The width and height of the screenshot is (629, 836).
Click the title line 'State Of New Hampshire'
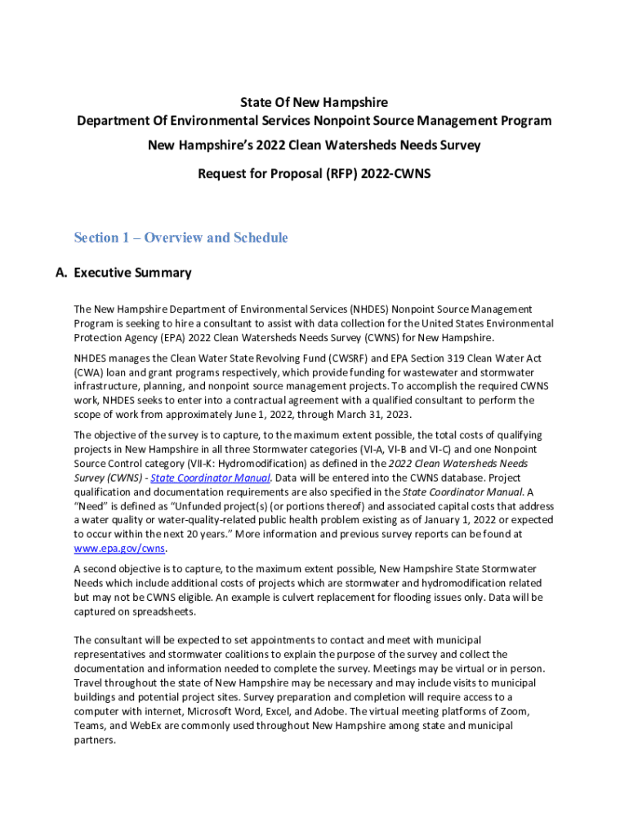(314, 102)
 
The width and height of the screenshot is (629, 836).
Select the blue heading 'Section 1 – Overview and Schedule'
(181, 238)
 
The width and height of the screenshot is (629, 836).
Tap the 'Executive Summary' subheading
(132, 273)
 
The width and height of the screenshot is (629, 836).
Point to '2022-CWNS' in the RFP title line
(400, 174)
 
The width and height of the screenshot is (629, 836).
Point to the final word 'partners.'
(95, 740)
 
